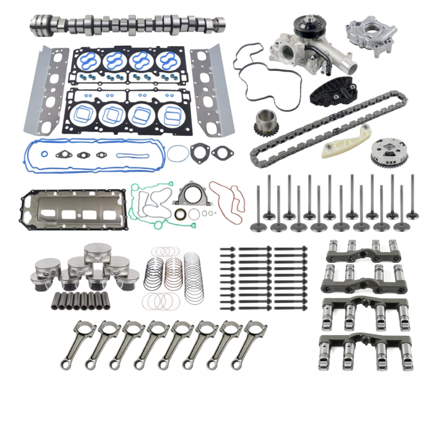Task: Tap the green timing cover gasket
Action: pyautogui.click(x=147, y=203)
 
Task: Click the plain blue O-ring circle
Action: pyautogui.click(x=178, y=153)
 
